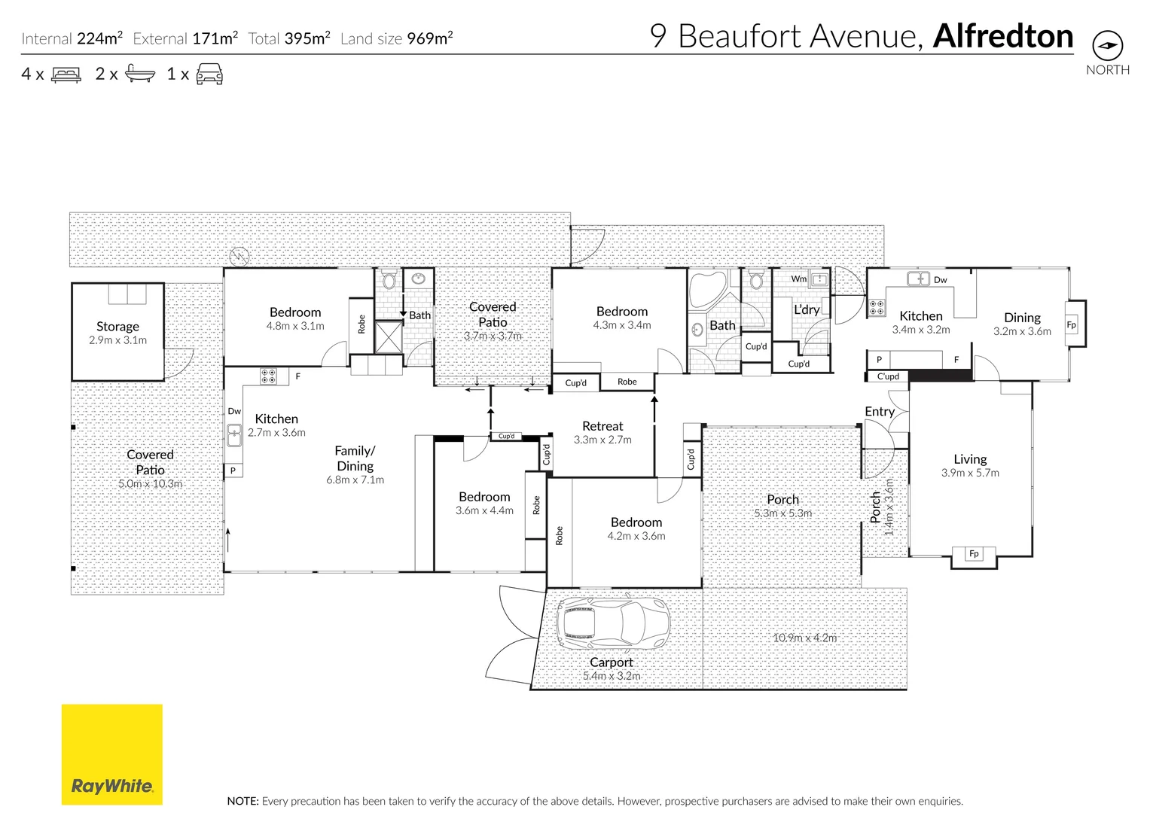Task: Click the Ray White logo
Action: click(x=111, y=754)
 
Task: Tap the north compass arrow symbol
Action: click(x=1106, y=46)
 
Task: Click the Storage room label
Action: click(x=117, y=327)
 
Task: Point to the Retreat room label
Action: click(x=602, y=426)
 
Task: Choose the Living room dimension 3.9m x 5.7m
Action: click(x=969, y=473)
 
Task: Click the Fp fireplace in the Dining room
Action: click(x=1071, y=325)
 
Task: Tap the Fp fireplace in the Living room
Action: click(x=973, y=554)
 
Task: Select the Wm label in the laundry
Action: click(x=798, y=279)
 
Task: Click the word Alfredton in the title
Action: click(x=1002, y=36)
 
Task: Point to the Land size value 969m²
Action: click(x=430, y=38)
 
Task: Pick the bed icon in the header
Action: click(x=66, y=75)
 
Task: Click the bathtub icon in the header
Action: click(x=140, y=74)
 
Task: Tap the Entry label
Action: click(x=879, y=412)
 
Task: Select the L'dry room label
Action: click(x=806, y=309)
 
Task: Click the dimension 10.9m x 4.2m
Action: click(x=804, y=638)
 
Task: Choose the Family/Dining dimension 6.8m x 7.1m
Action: click(x=355, y=480)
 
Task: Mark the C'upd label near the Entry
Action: click(x=887, y=376)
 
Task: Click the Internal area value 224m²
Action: click(x=99, y=38)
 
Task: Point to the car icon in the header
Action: click(x=209, y=74)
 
